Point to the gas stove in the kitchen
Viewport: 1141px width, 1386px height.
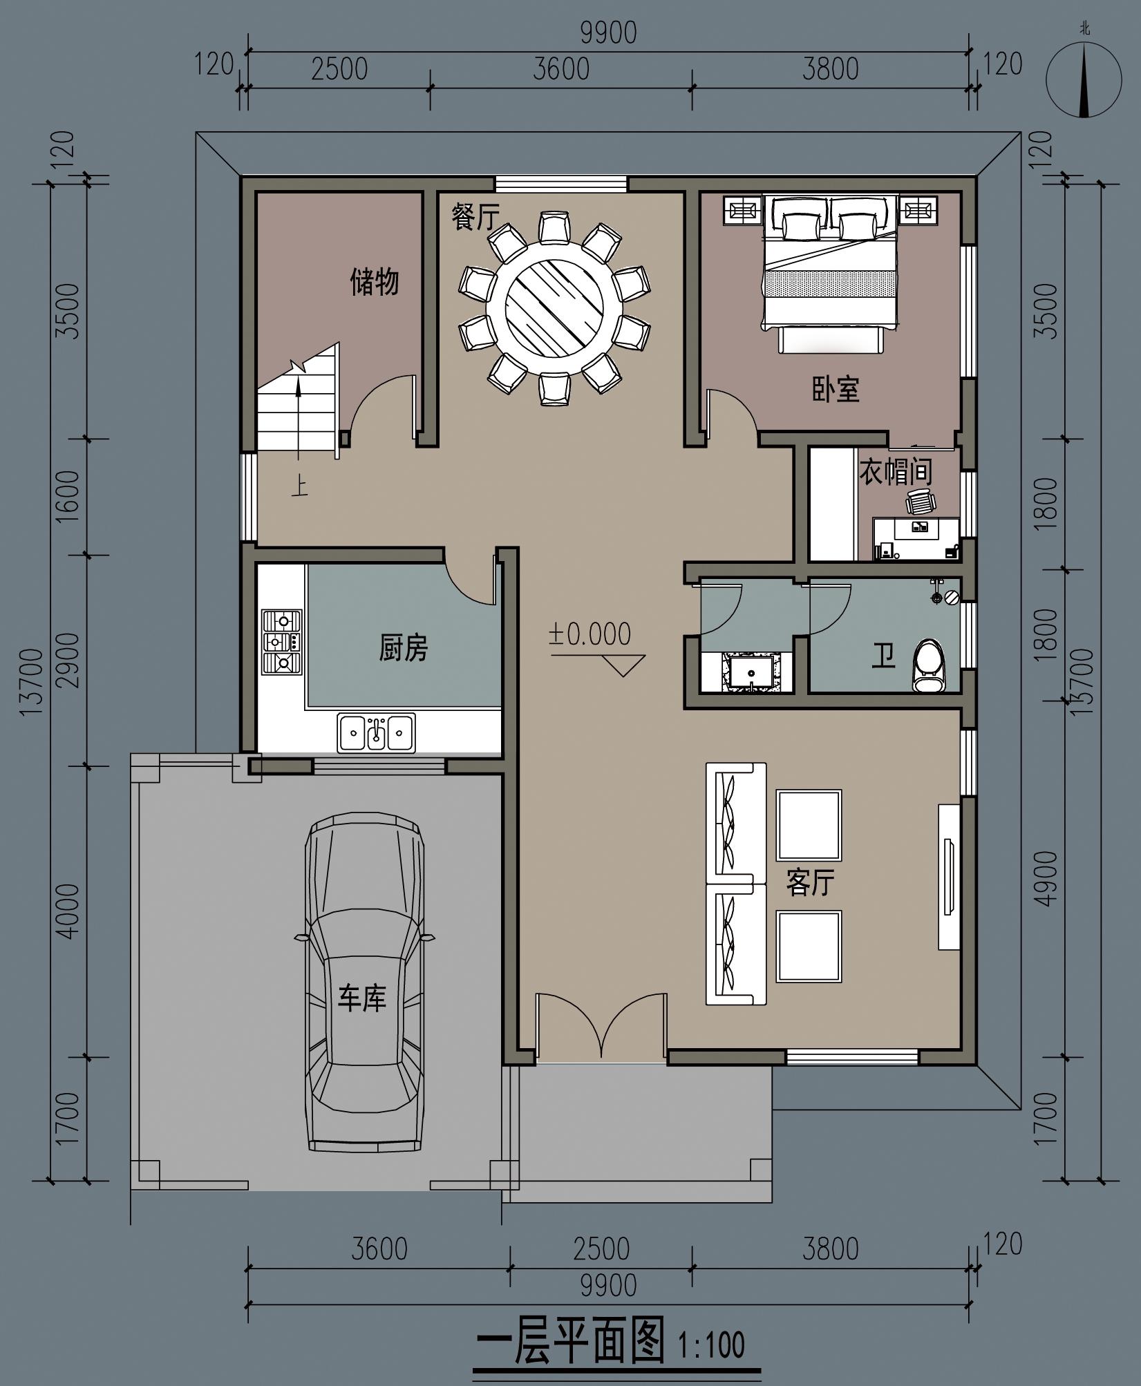coord(282,642)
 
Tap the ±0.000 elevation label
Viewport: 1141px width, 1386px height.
coord(590,634)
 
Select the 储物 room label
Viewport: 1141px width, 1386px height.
coord(374,282)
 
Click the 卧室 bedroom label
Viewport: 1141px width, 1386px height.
coord(836,390)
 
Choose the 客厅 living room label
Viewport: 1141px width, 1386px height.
coord(810,883)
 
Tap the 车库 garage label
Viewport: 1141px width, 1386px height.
coord(361,998)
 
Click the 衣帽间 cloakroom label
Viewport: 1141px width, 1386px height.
coord(896,472)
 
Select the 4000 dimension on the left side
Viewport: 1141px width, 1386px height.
coord(69,911)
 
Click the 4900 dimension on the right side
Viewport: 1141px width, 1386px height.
coord(1048,878)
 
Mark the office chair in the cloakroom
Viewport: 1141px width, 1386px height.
coord(921,501)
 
